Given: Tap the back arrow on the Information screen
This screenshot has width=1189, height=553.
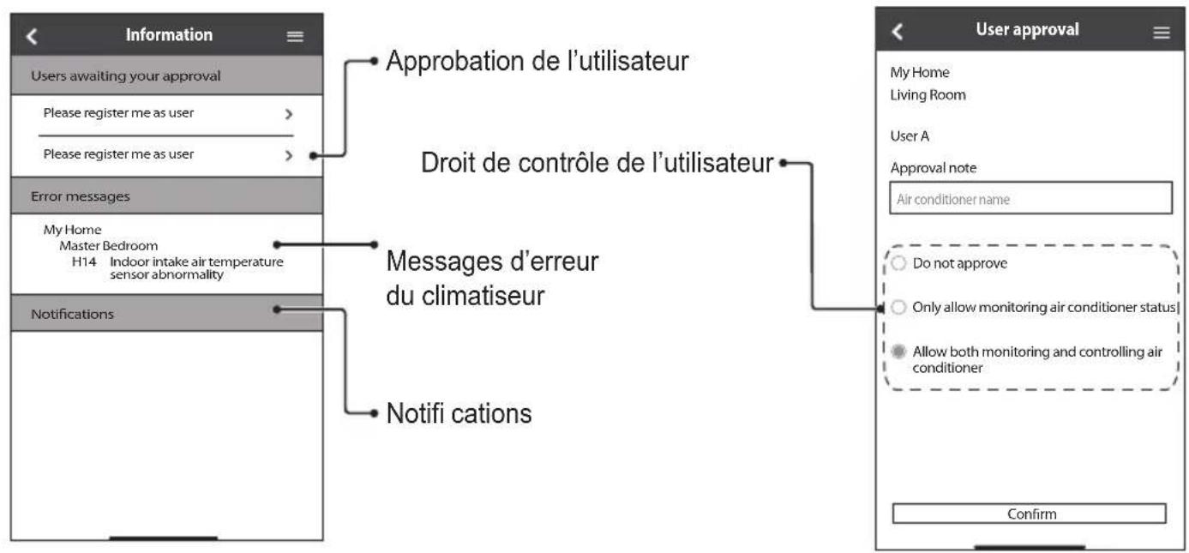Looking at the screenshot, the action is tap(32, 36).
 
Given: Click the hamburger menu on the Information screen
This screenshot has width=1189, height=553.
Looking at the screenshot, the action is tap(295, 36).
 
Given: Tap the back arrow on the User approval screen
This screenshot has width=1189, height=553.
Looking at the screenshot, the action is tap(897, 32).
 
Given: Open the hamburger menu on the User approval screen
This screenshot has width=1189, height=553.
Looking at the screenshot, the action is tap(1162, 33).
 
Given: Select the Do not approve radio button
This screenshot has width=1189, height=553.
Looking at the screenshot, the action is tap(898, 262).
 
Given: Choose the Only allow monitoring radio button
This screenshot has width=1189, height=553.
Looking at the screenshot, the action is tap(898, 307).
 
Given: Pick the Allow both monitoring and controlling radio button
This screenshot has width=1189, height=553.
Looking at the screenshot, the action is tap(898, 352).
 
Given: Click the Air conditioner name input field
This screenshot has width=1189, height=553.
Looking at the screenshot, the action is tap(1030, 199).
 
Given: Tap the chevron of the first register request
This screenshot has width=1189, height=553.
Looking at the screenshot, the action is tap(289, 113).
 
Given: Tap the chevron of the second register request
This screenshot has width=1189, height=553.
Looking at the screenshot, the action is tap(289, 155).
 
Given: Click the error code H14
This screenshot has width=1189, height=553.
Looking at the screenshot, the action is tap(84, 261).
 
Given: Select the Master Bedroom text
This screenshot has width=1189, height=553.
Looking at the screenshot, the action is tap(108, 246).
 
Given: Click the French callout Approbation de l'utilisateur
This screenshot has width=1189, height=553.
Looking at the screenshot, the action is tap(537, 61).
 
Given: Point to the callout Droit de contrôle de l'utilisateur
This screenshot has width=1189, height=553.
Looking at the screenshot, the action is tap(598, 162).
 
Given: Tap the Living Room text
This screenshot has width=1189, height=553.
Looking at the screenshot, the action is tap(928, 95).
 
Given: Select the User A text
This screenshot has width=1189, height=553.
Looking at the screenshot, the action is tap(910, 136).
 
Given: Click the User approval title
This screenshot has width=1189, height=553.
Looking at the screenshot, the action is tap(1027, 30).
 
